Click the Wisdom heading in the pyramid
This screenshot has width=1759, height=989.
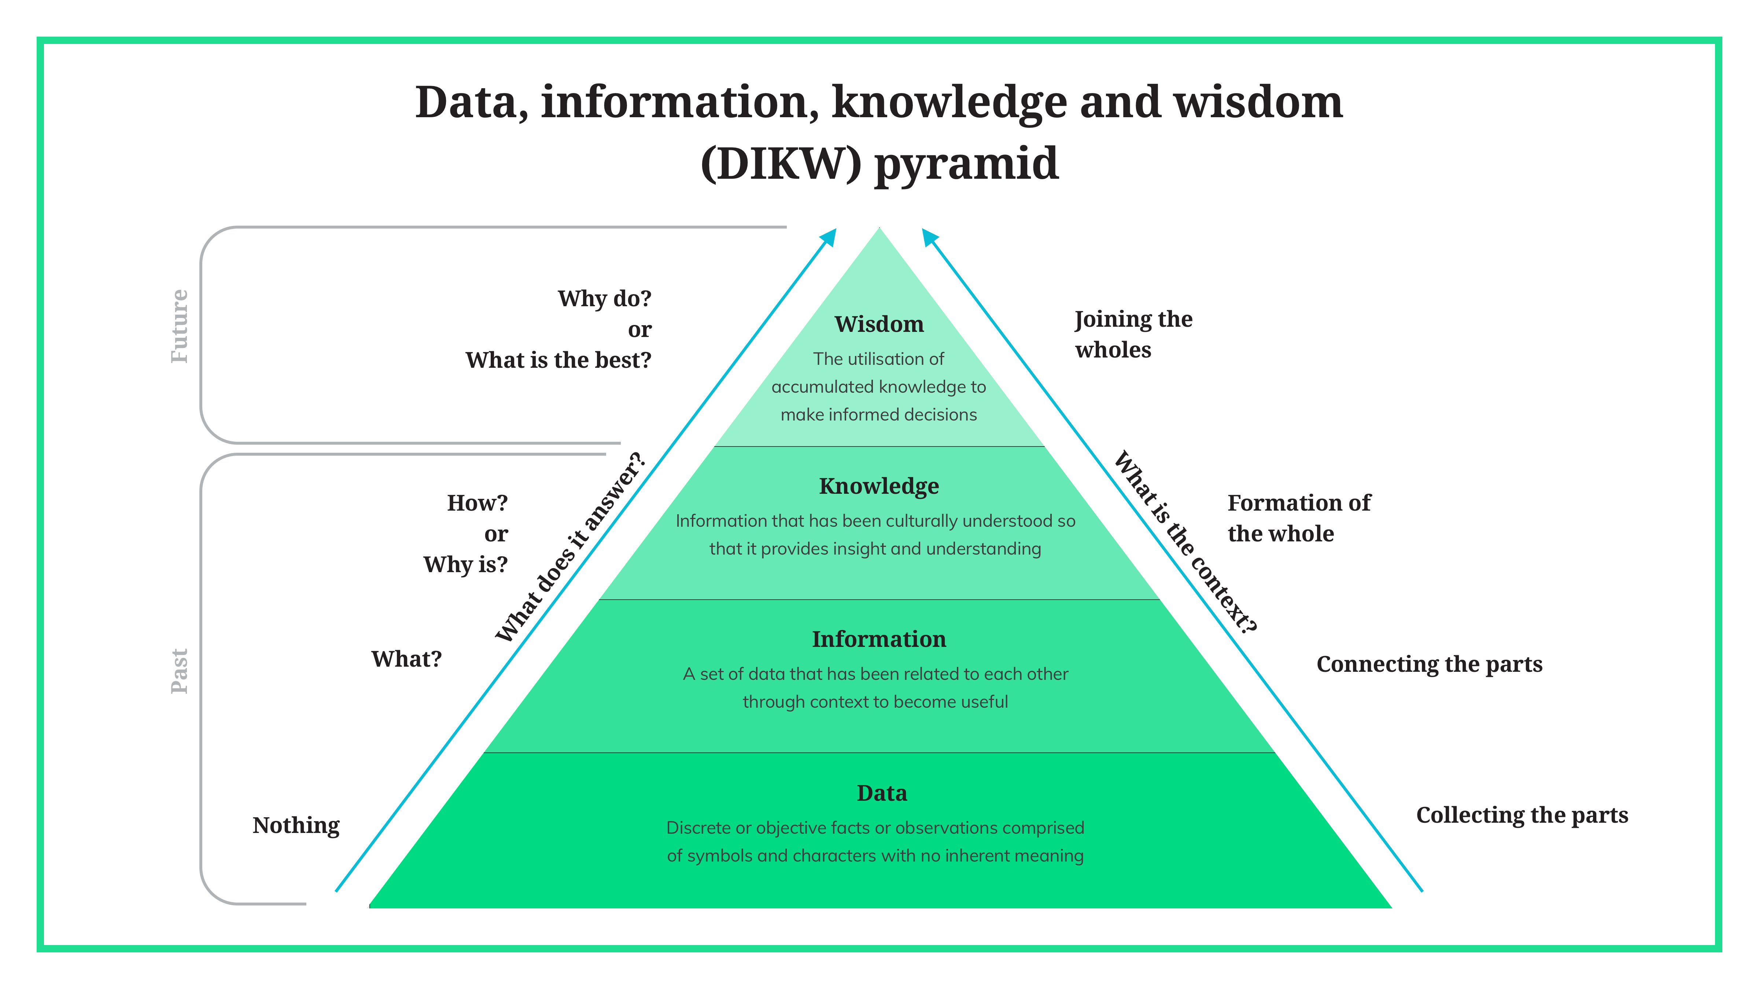(879, 324)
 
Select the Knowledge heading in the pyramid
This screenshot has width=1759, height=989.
(879, 486)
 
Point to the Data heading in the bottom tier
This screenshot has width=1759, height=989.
(882, 793)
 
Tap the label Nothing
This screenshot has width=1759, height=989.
(296, 825)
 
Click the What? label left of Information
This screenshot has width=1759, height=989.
(406, 659)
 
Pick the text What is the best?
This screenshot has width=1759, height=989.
(558, 360)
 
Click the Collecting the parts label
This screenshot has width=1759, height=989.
(1522, 815)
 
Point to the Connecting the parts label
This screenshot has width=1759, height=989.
(1429, 664)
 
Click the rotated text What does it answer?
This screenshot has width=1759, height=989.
(570, 547)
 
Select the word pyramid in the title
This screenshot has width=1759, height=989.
(967, 164)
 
